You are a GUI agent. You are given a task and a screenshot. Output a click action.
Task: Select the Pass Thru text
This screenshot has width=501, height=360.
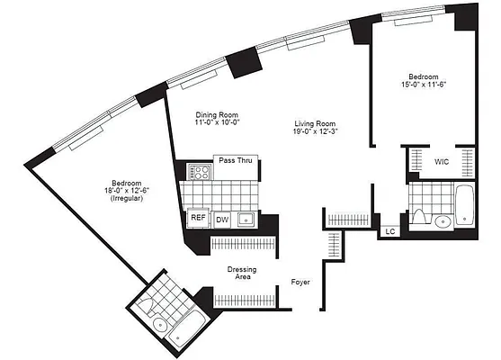[228, 160]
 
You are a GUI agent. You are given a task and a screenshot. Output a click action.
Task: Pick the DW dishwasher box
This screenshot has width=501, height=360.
[221, 218]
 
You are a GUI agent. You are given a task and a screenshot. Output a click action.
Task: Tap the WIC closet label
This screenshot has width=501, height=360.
[442, 163]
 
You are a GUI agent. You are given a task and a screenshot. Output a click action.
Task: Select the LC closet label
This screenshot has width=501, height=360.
[389, 231]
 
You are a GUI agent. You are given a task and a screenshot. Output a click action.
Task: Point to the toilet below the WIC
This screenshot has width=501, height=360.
[419, 215]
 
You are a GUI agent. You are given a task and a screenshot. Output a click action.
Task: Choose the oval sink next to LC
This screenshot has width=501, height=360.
[443, 222]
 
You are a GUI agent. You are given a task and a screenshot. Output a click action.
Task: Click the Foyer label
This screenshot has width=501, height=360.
[300, 282]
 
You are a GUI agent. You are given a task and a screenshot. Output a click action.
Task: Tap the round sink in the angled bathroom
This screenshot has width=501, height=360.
[157, 324]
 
